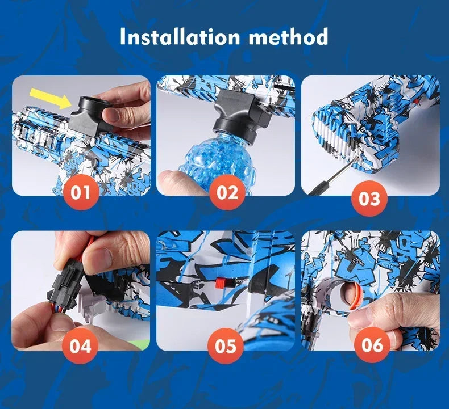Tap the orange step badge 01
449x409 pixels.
tap(81, 192)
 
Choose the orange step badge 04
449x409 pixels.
tap(81, 345)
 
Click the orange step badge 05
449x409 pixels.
tap(227, 345)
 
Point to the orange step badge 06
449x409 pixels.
tap(372, 345)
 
